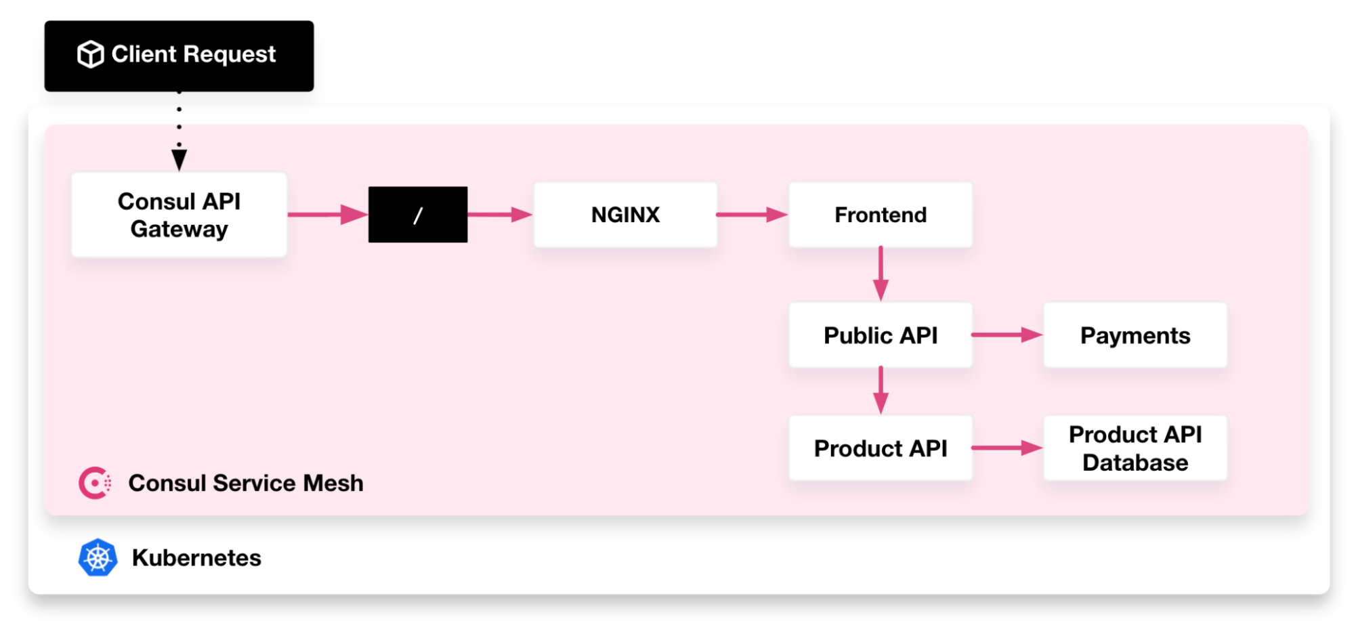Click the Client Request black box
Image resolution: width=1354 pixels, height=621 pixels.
(x=179, y=56)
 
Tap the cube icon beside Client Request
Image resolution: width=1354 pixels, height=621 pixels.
(x=90, y=54)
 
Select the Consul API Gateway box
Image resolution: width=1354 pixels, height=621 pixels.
(x=179, y=215)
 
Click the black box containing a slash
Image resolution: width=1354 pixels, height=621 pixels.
(x=417, y=215)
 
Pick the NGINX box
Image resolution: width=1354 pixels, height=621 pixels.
(x=625, y=215)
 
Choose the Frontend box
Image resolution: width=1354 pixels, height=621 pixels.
(x=880, y=215)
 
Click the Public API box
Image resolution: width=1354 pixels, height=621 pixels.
(x=880, y=335)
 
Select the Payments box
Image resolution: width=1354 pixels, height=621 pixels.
(x=1135, y=335)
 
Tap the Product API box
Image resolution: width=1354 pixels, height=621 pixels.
(x=880, y=448)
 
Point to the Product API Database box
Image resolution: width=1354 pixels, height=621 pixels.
(x=1135, y=448)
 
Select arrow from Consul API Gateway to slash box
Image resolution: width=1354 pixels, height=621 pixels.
(x=327, y=215)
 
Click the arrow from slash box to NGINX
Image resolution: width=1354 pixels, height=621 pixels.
(x=500, y=215)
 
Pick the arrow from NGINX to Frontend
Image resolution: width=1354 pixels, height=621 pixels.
(x=752, y=215)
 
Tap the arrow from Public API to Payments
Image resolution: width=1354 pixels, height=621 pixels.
(x=1007, y=335)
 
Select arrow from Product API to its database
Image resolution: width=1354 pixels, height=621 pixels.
(x=1007, y=448)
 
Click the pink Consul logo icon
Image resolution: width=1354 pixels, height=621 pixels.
(x=95, y=483)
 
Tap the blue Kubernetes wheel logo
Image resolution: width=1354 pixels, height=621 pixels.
(x=98, y=557)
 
